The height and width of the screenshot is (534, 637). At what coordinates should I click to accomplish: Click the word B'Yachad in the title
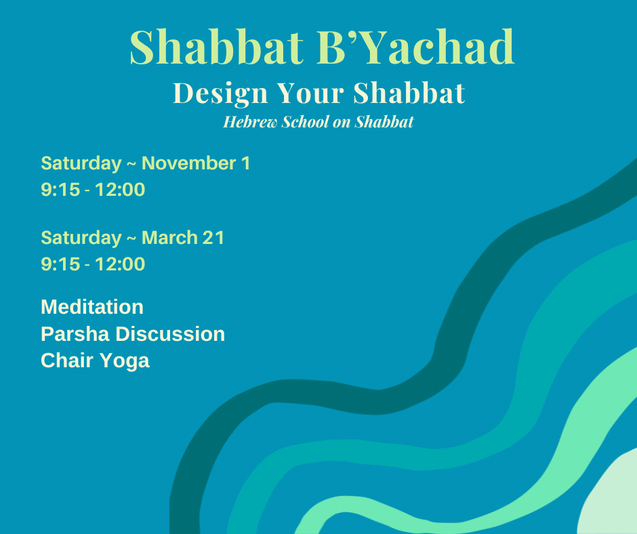[x=415, y=47]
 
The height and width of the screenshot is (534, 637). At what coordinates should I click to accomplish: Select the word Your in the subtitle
[x=310, y=93]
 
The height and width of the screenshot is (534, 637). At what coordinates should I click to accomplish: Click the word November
[x=189, y=163]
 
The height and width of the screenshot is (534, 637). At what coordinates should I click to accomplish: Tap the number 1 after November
[x=246, y=163]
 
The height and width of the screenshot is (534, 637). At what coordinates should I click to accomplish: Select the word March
[x=169, y=238]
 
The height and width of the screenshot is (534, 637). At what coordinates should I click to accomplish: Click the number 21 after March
[x=213, y=238]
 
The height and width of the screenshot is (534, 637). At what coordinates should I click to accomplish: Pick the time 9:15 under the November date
[x=60, y=190]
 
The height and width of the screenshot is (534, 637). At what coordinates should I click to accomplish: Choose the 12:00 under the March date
[x=120, y=264]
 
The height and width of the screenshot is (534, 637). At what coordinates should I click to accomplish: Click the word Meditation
[x=92, y=307]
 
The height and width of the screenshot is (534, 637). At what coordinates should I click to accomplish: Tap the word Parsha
[x=75, y=334]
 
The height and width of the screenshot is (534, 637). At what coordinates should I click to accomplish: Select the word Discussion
[x=170, y=334]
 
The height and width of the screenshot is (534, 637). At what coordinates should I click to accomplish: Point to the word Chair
[x=67, y=361]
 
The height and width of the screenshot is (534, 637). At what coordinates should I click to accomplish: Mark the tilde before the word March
[x=131, y=239]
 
